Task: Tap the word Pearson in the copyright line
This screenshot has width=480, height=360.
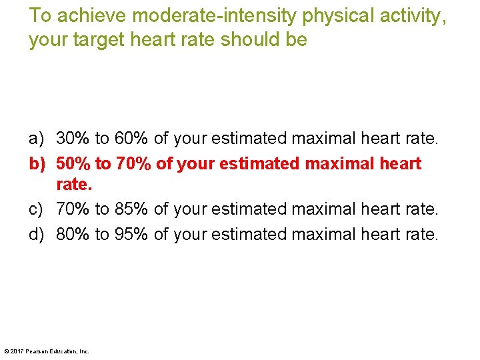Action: (37, 351)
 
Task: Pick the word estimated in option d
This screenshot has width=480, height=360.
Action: (253, 234)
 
